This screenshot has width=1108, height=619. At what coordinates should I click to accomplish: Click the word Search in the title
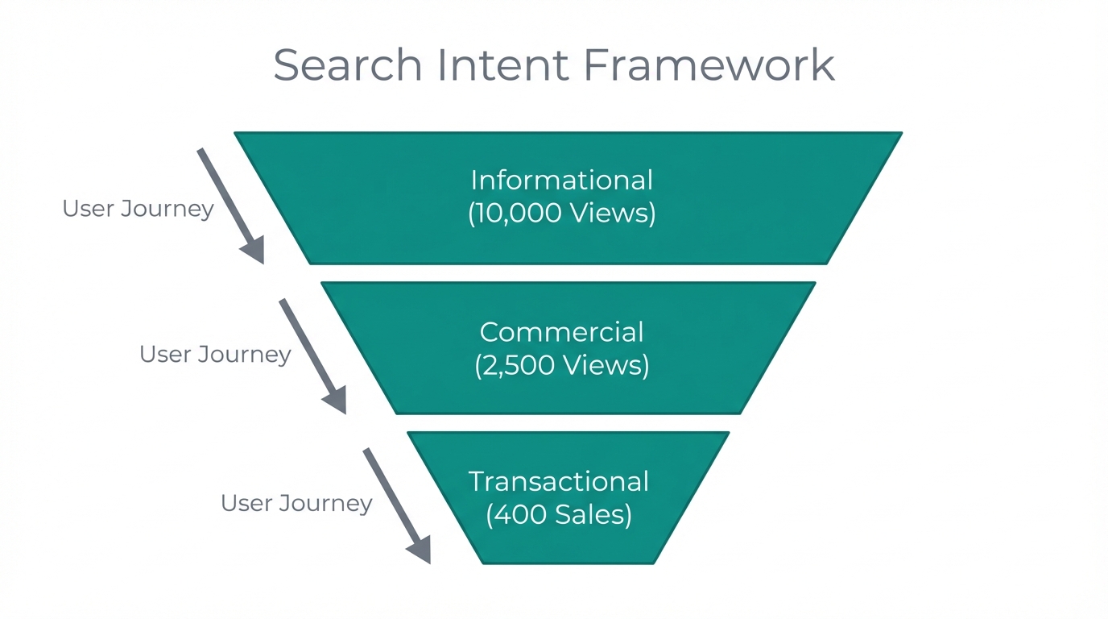pos(347,64)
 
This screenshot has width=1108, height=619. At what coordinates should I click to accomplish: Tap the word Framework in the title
pos(709,64)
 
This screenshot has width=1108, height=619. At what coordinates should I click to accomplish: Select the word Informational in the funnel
pos(561,180)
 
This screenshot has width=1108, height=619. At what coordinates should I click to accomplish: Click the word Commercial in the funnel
pos(561,332)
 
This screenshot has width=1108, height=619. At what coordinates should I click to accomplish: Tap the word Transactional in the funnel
pos(558,481)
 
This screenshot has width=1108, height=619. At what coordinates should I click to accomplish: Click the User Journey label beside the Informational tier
pos(138,209)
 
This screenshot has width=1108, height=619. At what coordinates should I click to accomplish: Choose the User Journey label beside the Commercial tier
pos(215,354)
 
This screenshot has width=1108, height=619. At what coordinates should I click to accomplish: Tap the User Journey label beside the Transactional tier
pos(296,503)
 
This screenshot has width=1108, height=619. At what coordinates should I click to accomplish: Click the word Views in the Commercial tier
pos(606,365)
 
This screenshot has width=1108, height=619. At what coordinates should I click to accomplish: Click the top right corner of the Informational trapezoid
pos(899,134)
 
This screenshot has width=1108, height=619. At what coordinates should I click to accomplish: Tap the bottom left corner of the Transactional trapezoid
pos(483,562)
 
